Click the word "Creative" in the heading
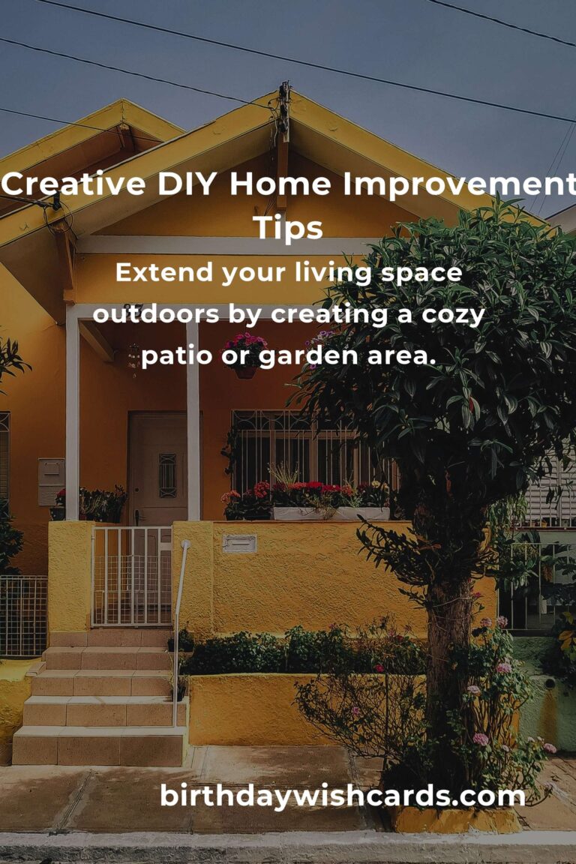[x=73, y=184]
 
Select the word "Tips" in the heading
[x=288, y=227]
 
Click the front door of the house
[x=158, y=469]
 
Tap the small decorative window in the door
[x=167, y=475]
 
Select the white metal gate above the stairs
[x=132, y=576]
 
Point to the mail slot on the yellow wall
[x=239, y=543]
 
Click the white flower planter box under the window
[x=331, y=514]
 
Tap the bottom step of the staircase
[x=98, y=746]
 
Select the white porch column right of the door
[x=193, y=421]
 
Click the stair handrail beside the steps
[x=178, y=634]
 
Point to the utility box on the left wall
[x=51, y=481]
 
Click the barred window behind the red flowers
[x=309, y=451]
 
